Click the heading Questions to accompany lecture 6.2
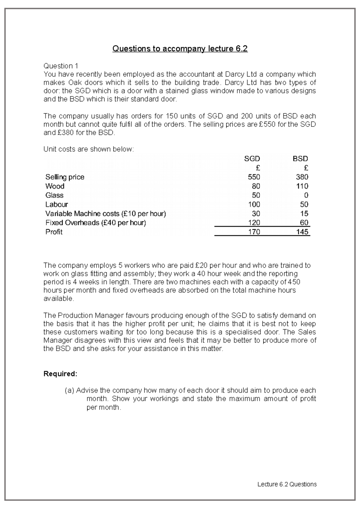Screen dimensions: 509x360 point(180,49)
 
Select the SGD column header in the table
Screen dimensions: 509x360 point(252,159)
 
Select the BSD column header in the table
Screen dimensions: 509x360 point(300,159)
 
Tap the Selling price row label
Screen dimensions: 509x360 point(65,177)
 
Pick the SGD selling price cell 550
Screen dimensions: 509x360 point(254,177)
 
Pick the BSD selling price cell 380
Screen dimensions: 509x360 point(302,177)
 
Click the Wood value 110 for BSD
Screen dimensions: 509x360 point(302,186)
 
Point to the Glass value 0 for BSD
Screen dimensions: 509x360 point(306,195)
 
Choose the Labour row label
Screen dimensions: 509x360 point(57,204)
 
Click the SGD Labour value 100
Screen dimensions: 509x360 point(254,204)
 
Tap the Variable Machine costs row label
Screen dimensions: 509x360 point(106,214)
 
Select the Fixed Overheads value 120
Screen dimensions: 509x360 point(254,223)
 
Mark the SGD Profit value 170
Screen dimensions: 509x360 point(254,232)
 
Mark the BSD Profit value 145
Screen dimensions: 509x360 point(302,232)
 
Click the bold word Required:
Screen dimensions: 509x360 point(60,374)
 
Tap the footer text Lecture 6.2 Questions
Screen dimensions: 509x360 point(287,484)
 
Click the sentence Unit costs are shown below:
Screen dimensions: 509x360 point(88,149)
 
